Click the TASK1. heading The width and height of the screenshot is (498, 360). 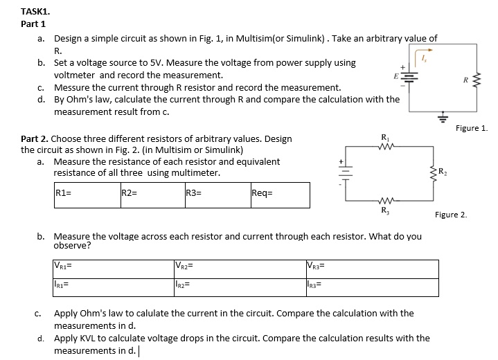(x=35, y=11)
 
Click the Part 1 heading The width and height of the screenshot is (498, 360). (x=33, y=24)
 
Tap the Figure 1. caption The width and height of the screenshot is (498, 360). (x=472, y=127)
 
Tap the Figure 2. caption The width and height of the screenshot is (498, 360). (x=451, y=215)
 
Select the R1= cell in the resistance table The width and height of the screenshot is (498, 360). (x=87, y=195)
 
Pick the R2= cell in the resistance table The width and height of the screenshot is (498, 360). (x=150, y=195)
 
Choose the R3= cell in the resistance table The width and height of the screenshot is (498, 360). (x=216, y=195)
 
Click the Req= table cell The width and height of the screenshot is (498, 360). (x=279, y=195)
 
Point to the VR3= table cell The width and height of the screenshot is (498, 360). (x=371, y=268)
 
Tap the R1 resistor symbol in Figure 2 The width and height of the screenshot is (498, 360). (x=384, y=145)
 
